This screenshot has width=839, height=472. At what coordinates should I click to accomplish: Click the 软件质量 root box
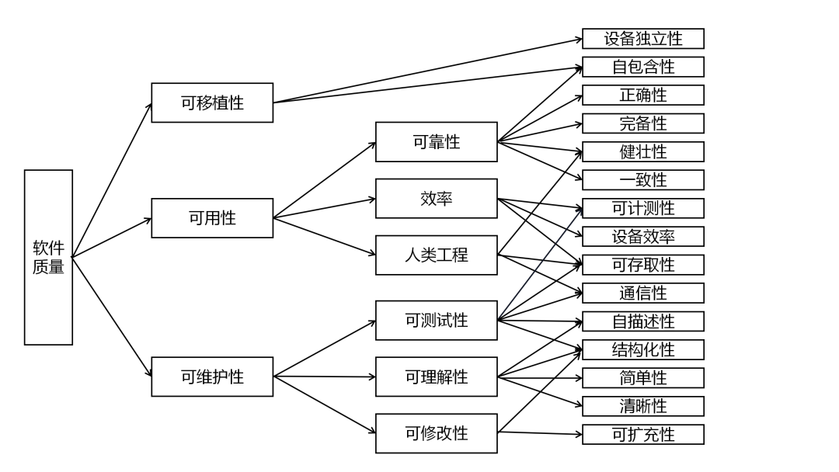(48, 257)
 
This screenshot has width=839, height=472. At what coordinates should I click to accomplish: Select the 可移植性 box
(212, 102)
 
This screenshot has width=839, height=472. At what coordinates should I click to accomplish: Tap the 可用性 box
(212, 218)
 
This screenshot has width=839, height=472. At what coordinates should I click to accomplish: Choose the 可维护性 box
(212, 377)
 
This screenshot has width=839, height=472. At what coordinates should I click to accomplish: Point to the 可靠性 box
(436, 142)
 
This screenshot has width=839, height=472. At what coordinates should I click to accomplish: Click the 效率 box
(436, 199)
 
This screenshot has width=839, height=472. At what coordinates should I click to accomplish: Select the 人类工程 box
(436, 255)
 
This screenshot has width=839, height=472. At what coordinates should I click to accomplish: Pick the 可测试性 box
(436, 320)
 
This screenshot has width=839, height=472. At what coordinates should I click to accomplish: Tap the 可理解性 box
(436, 377)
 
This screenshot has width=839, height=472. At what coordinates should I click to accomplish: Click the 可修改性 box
(436, 433)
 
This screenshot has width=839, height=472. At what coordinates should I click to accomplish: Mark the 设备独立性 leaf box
(642, 39)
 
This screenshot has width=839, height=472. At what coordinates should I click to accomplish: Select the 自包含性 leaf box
(642, 67)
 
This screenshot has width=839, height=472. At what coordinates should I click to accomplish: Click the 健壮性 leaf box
(642, 151)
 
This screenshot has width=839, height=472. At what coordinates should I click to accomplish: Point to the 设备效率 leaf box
(642, 237)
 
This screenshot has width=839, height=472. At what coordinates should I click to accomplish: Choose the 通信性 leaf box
(642, 293)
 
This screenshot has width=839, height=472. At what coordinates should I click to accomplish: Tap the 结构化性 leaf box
(642, 349)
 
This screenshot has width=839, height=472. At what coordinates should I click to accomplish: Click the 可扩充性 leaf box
(642, 435)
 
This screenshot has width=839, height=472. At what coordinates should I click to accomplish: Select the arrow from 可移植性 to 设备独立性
(427, 71)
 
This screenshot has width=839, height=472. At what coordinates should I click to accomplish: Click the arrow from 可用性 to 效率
(325, 208)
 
